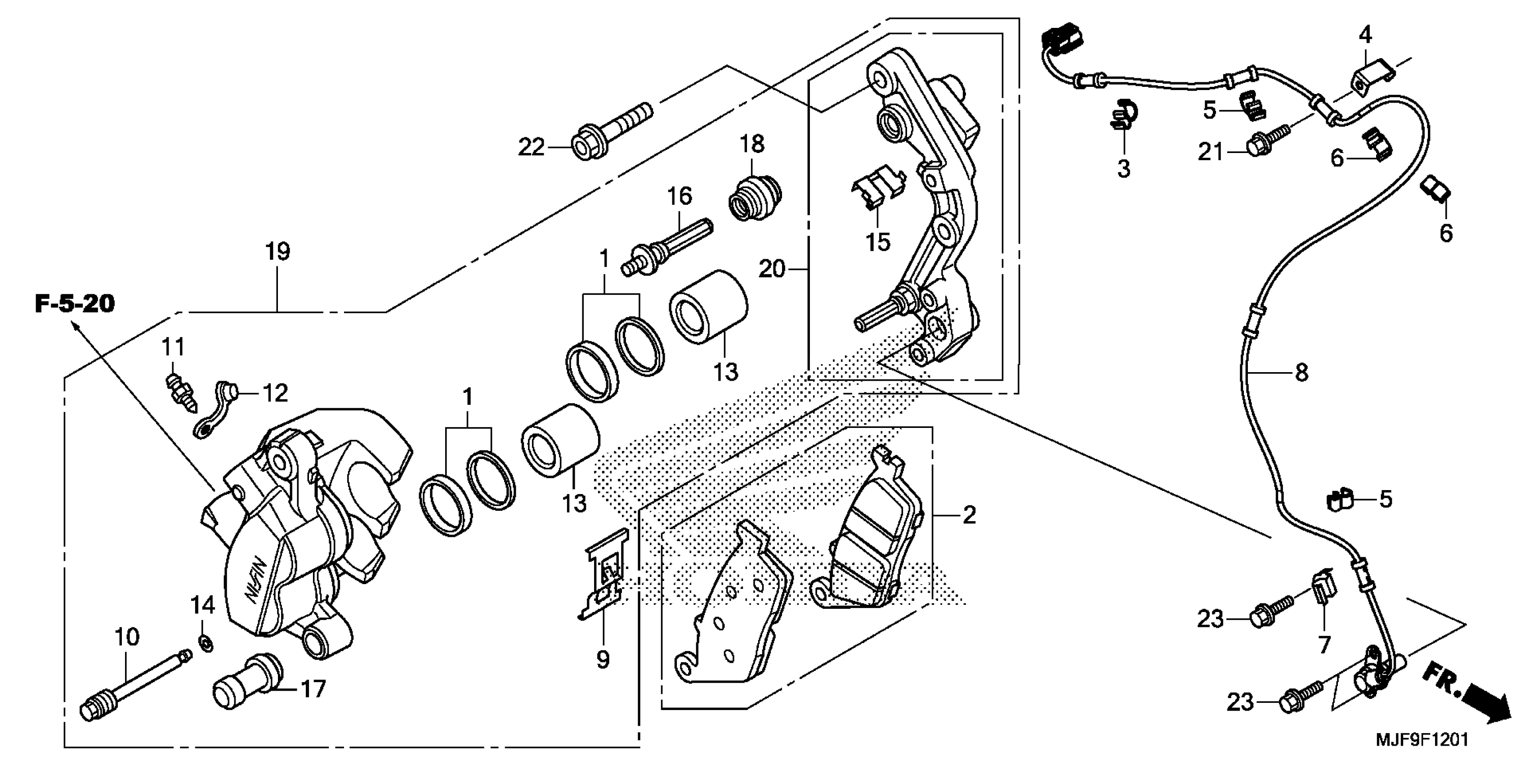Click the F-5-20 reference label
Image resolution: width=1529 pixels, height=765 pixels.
coord(74,304)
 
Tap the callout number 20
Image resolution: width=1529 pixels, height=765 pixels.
coord(772,270)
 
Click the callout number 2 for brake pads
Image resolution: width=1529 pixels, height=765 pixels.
coord(969,515)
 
